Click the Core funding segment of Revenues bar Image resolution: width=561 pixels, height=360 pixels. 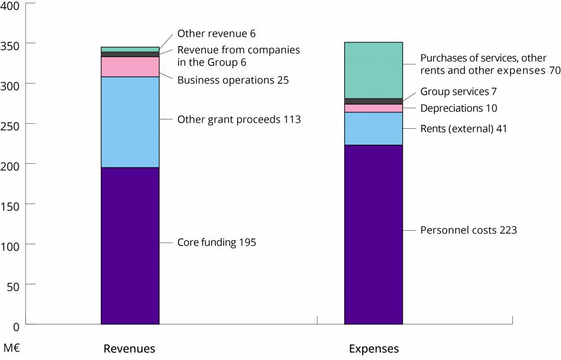[x=130, y=245]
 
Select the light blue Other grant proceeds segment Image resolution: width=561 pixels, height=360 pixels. [x=130, y=122]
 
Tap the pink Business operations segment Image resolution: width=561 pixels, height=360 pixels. [x=130, y=66]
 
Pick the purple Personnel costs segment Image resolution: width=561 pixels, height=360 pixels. [x=373, y=235]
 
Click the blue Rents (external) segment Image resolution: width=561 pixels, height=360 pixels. [x=373, y=129]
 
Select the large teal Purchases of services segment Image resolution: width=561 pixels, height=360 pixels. [x=373, y=70]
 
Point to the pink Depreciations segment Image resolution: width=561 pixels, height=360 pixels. [x=373, y=108]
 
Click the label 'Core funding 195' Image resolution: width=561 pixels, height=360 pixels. [x=216, y=242]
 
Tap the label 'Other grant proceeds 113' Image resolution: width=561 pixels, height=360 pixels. [x=239, y=119]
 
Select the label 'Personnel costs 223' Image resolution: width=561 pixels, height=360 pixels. [x=468, y=230]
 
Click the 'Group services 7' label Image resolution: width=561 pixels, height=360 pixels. [x=458, y=92]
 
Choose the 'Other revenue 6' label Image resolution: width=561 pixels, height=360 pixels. [x=216, y=34]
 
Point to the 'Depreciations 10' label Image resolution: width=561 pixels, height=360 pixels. [x=459, y=108]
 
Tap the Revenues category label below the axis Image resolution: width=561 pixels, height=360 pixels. [x=129, y=349]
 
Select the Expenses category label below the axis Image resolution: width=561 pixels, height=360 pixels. [x=374, y=349]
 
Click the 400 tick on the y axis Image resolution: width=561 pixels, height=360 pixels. [x=10, y=6]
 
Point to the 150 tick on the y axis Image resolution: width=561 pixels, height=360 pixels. [x=10, y=204]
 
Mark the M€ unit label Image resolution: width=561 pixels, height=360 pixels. [x=12, y=348]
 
